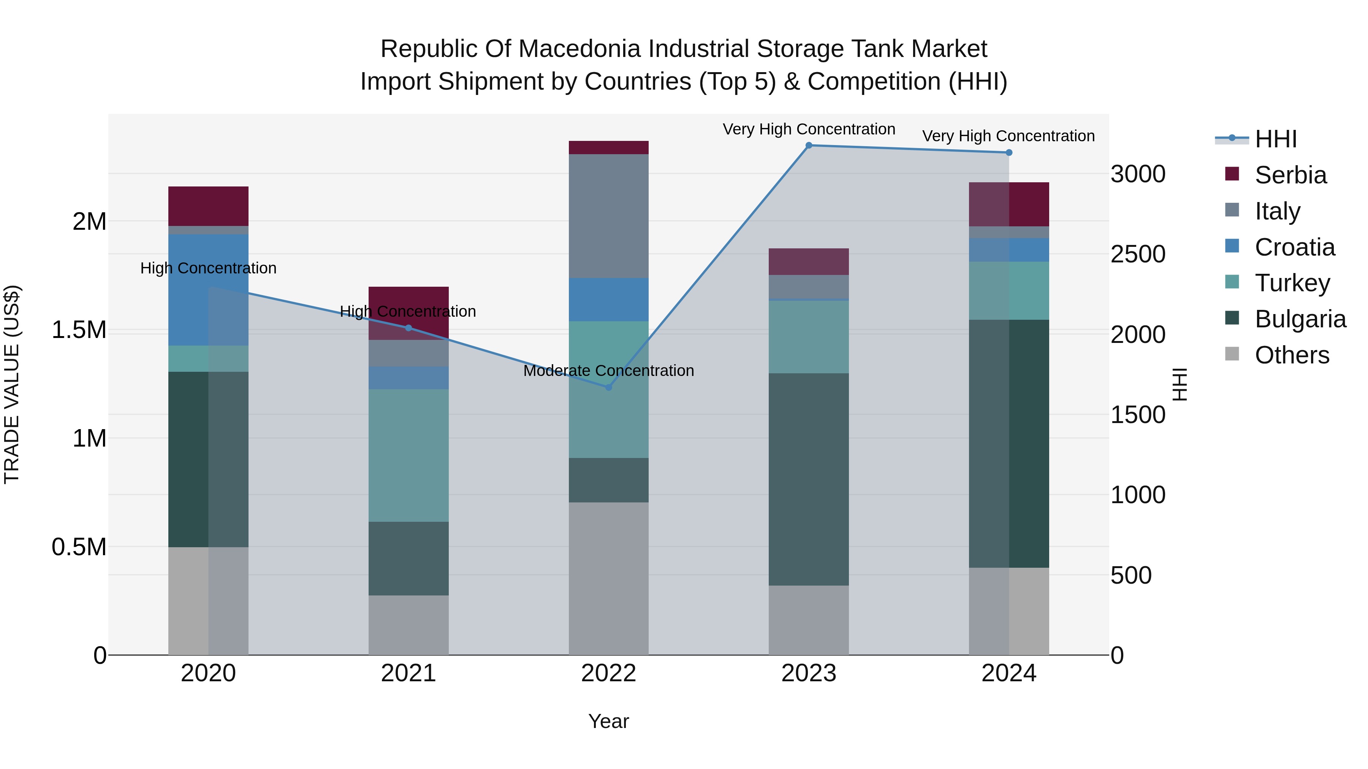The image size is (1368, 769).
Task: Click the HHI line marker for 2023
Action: [x=809, y=145]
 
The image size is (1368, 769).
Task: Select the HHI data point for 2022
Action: [x=609, y=387]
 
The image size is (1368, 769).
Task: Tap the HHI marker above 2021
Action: [x=408, y=328]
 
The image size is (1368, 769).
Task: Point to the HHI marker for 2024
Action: [x=1009, y=153]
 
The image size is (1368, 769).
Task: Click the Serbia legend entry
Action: [x=1290, y=175]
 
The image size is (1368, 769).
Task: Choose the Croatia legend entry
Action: [x=1294, y=247]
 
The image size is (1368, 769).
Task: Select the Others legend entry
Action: [x=1292, y=355]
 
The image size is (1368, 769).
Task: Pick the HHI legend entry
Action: [x=1276, y=139]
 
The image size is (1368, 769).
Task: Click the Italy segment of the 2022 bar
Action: [x=609, y=216]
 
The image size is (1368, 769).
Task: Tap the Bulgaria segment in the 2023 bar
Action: [x=809, y=479]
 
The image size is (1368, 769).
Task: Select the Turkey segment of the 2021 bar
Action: [x=408, y=455]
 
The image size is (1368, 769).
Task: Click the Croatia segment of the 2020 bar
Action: [x=208, y=290]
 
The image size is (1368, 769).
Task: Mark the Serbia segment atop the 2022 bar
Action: [x=609, y=148]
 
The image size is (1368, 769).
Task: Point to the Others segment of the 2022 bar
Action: [x=609, y=578]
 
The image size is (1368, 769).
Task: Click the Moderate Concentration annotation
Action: [x=609, y=370]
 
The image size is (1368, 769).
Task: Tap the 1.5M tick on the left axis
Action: [x=79, y=330]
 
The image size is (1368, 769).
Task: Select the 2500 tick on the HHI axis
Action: [x=1137, y=254]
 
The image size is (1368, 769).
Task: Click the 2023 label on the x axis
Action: [x=809, y=673]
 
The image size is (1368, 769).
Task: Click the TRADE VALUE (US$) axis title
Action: [x=12, y=384]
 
